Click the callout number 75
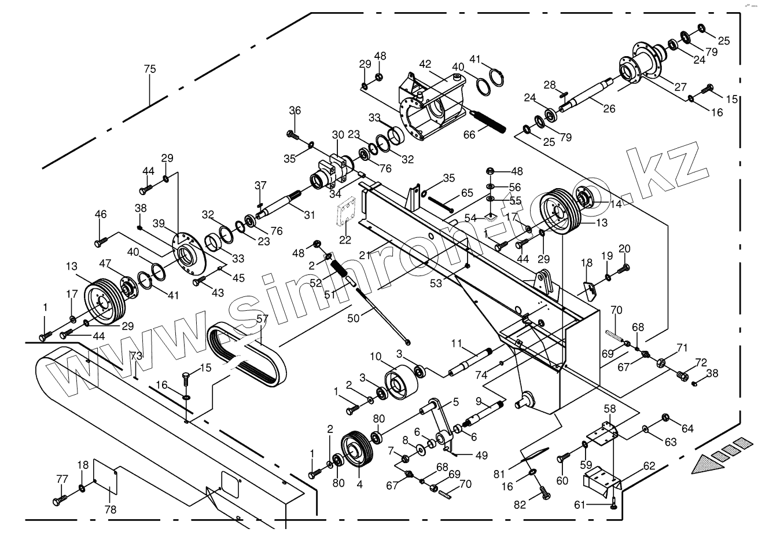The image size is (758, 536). tap(150, 69)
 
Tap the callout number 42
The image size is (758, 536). tap(425, 63)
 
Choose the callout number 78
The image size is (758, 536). tap(110, 509)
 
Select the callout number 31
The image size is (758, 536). tap(310, 215)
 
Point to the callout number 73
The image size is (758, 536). tap(135, 355)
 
